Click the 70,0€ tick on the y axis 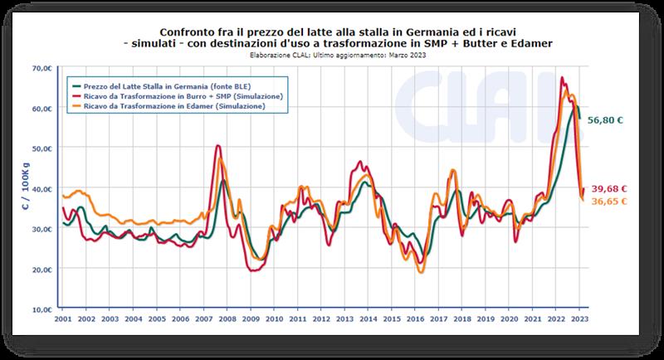42,68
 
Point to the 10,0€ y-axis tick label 42,309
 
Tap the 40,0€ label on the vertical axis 42,189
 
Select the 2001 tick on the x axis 61,319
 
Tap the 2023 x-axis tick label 579,319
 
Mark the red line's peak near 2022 563,78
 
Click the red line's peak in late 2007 217,147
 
